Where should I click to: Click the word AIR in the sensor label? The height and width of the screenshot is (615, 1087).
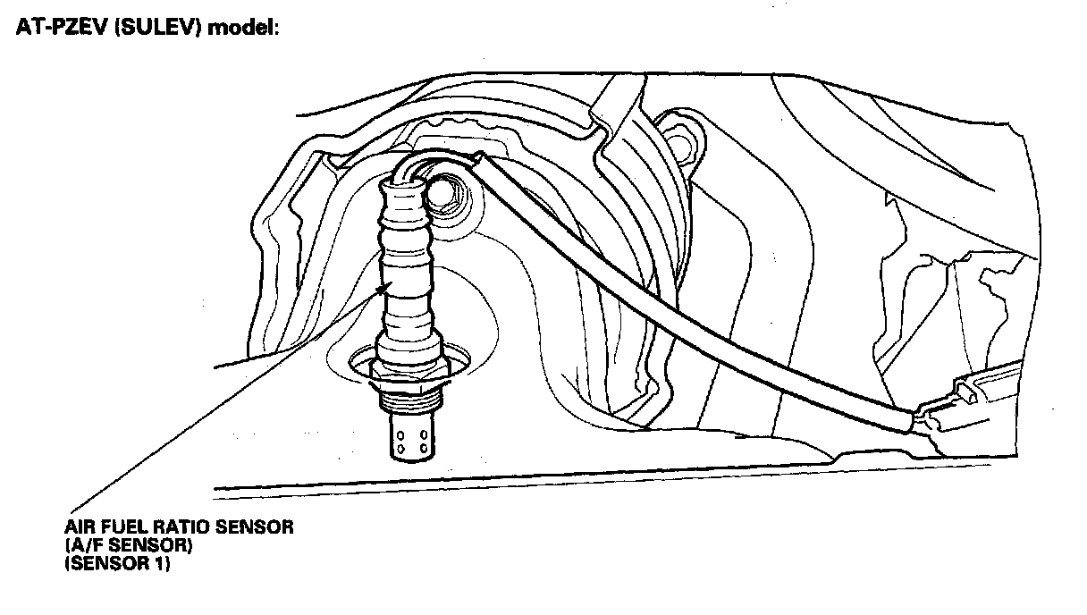click(79, 527)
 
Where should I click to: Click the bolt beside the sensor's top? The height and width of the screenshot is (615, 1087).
click(444, 192)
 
